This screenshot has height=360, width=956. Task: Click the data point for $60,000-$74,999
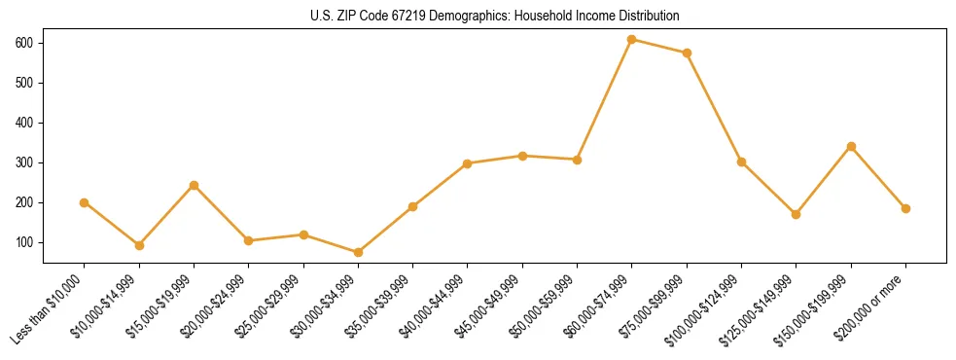632,40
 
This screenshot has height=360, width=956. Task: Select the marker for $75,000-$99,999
687,54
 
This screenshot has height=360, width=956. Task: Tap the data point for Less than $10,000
85,202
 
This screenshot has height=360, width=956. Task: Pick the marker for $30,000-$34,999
358,252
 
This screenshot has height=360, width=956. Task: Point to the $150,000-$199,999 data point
851,147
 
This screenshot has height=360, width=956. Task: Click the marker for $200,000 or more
905,208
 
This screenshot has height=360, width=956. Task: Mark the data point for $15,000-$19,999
194,185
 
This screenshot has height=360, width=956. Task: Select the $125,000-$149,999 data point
797,214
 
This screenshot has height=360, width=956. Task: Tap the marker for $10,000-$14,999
139,245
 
